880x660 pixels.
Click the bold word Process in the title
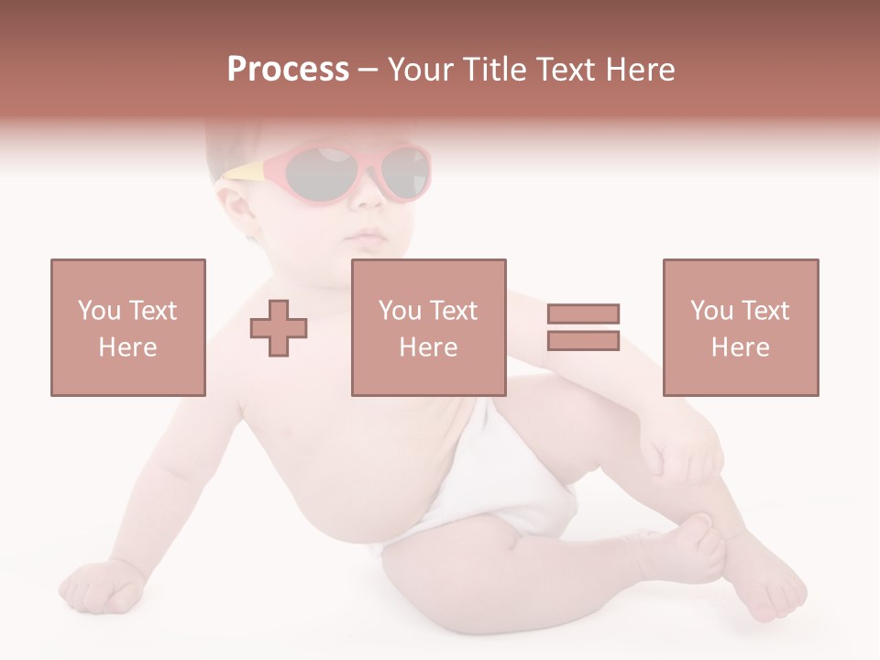[288, 70]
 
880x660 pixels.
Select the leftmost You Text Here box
[127, 327]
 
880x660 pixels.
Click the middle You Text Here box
[428, 327]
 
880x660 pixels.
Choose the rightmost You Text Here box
[740, 327]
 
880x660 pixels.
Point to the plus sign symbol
[279, 329]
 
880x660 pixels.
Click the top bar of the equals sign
[583, 313]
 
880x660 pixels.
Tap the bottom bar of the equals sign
[583, 340]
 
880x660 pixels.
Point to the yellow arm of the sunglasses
[245, 171]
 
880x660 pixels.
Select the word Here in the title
[641, 70]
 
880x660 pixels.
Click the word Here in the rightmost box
[740, 347]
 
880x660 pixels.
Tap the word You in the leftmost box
[97, 310]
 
